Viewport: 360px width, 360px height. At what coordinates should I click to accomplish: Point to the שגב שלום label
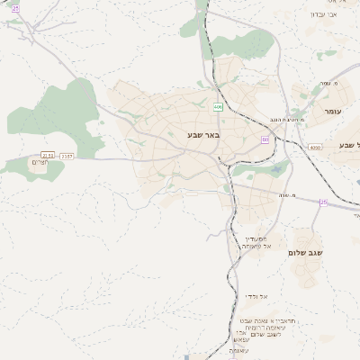pyautogui.click(x=305, y=253)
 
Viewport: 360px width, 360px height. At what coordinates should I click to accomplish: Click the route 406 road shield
pyautogui.click(x=218, y=107)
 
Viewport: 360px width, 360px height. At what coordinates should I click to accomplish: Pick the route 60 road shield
pyautogui.click(x=265, y=139)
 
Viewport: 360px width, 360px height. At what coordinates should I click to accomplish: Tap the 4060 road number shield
pyautogui.click(x=314, y=148)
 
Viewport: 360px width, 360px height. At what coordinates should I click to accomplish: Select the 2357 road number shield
pyautogui.click(x=67, y=156)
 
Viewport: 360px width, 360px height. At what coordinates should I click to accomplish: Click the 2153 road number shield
pyautogui.click(x=48, y=156)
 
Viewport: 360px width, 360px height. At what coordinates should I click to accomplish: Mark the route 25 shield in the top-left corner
pyautogui.click(x=15, y=7)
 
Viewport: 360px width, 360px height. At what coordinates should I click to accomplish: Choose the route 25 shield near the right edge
pyautogui.click(x=324, y=202)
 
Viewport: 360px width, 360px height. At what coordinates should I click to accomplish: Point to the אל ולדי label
pyautogui.click(x=256, y=296)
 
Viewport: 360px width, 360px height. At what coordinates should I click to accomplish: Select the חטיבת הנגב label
pyautogui.click(x=292, y=119)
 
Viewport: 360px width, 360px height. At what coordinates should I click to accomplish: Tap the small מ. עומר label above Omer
pyautogui.click(x=325, y=84)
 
